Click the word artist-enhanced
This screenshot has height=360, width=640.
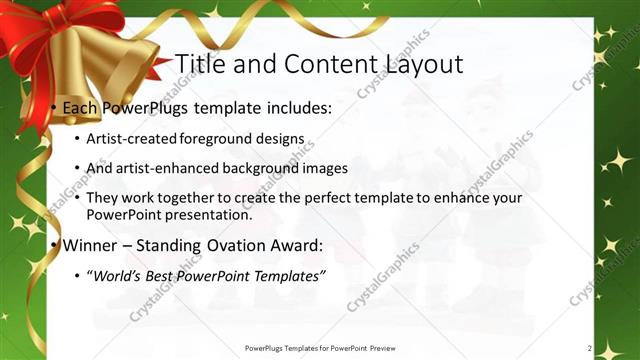(x=164, y=169)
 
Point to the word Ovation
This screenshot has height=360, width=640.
(x=234, y=245)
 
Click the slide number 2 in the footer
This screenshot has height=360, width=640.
(x=590, y=348)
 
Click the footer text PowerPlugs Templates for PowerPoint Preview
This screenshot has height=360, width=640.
(x=319, y=348)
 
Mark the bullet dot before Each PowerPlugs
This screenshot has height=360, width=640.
(x=53, y=107)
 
